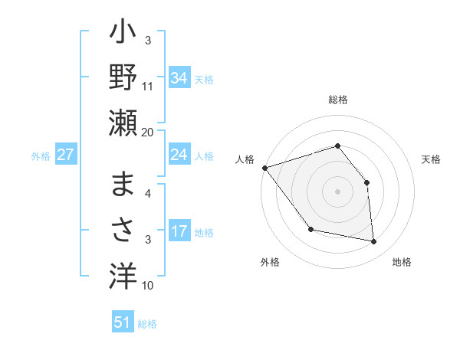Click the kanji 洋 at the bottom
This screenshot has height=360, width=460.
coord(123,274)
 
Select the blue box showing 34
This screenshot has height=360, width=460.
coord(179,77)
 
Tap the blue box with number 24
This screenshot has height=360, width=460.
coord(179,155)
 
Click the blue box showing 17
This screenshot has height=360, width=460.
coord(179,231)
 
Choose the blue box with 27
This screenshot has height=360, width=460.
coord(66,155)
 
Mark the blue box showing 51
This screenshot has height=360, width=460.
coord(123,322)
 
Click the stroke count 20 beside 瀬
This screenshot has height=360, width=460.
coord(148,132)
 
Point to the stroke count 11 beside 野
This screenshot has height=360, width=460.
coord(148,86)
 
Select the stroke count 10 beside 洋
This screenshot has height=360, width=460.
coord(148,286)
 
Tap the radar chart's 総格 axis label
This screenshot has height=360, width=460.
coord(337,100)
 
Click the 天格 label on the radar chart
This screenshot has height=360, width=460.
coord(432,159)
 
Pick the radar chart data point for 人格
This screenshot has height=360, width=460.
coord(264,167)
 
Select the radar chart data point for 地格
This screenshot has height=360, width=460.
coord(374,242)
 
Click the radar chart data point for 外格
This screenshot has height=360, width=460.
coord(310,229)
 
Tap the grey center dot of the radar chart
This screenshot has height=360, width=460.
coord(337,191)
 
